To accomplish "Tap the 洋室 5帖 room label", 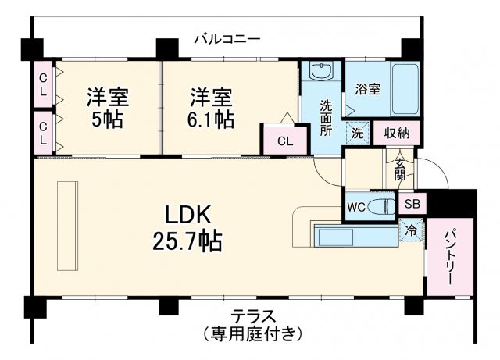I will coord(107,109).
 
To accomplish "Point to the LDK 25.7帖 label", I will coord(187,227).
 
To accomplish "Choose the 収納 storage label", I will coord(397,133).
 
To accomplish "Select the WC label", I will coord(356,208).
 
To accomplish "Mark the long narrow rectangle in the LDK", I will coord(66,225).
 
